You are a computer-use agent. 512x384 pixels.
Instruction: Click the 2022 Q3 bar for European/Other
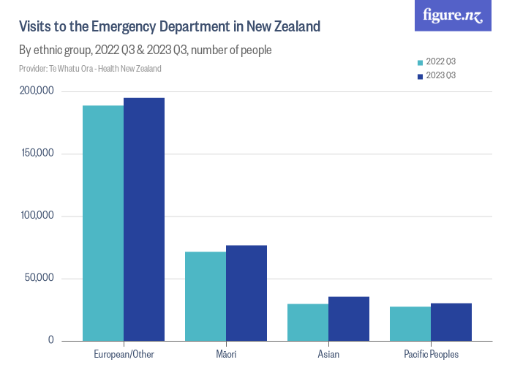(103, 223)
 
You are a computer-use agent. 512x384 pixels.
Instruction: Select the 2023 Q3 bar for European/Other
(144, 219)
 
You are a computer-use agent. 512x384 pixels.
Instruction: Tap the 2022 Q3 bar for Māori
(206, 296)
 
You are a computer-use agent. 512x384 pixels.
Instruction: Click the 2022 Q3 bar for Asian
(308, 323)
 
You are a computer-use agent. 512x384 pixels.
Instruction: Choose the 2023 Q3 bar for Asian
(349, 319)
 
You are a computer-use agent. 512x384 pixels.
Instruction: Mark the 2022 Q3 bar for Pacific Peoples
(410, 324)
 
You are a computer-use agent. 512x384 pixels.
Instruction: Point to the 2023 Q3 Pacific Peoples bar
(451, 322)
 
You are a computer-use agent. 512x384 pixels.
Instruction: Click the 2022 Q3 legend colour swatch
(420, 63)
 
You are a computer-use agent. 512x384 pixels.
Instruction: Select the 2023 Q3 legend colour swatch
(420, 75)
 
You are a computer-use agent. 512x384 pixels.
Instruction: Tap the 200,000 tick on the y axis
(37, 91)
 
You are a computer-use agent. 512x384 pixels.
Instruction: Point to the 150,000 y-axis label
(37, 154)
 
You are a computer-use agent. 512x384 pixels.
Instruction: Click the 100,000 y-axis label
(37, 217)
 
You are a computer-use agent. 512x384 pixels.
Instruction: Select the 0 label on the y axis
(50, 340)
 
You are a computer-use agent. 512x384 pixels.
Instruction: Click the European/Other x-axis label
(124, 355)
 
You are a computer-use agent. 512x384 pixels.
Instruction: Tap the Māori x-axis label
(226, 355)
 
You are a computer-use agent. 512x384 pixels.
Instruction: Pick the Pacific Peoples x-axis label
(431, 355)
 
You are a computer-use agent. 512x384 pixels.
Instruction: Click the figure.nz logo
(453, 15)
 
